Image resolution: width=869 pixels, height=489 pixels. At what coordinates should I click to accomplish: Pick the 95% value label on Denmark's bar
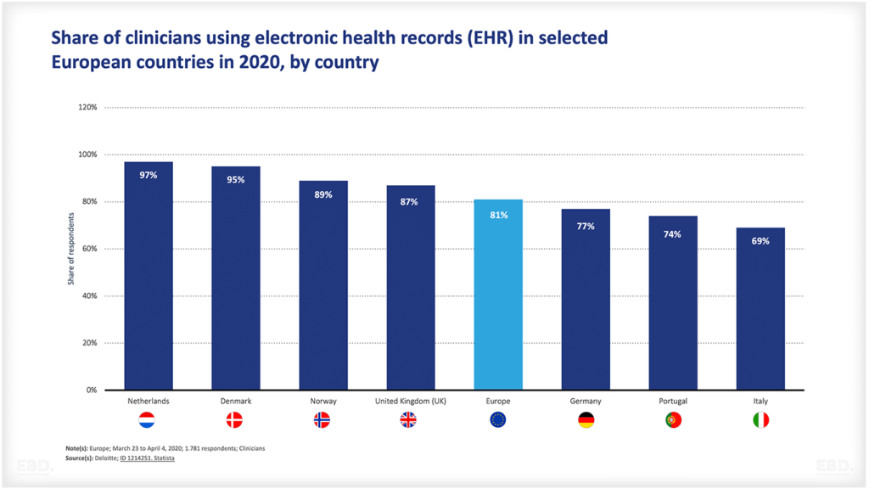coord(236,180)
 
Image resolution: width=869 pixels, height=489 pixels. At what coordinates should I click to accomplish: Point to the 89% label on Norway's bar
coord(323,194)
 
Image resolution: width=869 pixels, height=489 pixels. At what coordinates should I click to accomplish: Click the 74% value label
coord(673,234)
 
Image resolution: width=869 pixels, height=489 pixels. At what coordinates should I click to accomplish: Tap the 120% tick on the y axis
coord(88,108)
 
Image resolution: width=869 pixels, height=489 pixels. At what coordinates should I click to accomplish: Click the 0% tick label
coord(92,391)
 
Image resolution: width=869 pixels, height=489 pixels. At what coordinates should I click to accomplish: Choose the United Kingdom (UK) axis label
coord(411,402)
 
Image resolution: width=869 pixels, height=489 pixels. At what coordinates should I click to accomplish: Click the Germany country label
coord(586,402)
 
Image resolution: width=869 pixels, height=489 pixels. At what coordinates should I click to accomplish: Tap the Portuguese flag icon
coord(673,420)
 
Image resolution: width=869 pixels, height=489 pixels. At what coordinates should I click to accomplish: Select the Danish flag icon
coord(234,420)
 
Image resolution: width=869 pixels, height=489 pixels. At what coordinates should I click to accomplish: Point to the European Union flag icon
coord(498,420)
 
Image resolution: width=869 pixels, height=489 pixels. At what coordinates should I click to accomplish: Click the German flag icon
coord(586,420)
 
